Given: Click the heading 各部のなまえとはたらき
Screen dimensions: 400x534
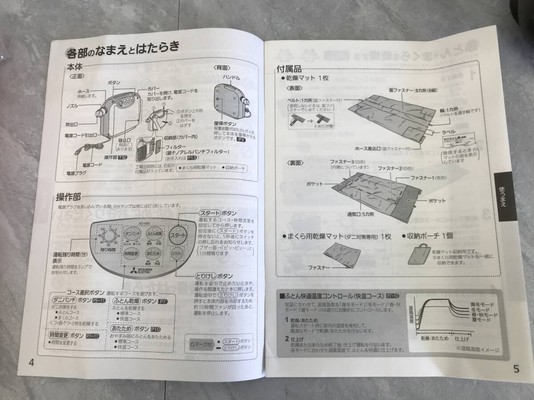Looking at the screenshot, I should point(122,50).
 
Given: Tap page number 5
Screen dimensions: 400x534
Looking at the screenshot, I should point(516,368).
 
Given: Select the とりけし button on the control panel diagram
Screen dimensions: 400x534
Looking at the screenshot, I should point(177,253).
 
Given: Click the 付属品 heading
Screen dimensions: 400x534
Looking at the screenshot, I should point(289,69).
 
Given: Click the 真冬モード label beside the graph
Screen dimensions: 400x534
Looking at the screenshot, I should point(482,304).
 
